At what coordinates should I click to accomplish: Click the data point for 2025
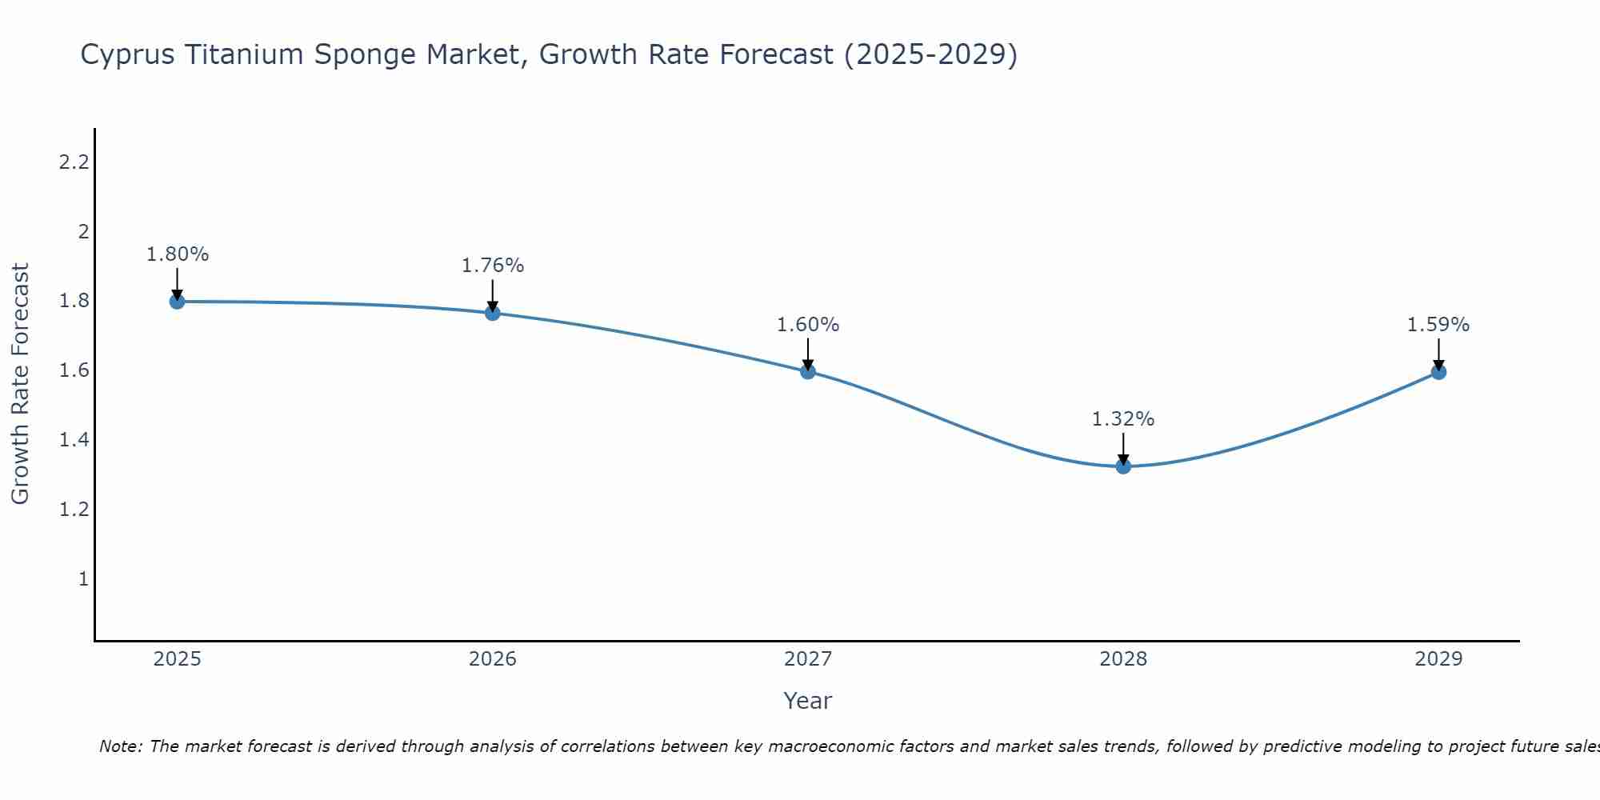(x=177, y=302)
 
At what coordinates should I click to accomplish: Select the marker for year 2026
(x=493, y=313)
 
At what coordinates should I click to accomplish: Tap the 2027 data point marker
(x=808, y=371)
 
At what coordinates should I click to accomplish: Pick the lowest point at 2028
(x=1123, y=466)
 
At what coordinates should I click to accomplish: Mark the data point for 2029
(x=1438, y=372)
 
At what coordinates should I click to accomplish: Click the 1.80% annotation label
(x=178, y=254)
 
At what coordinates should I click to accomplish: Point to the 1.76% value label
(x=493, y=266)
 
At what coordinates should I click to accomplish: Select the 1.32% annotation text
(x=1123, y=419)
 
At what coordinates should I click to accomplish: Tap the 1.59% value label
(x=1438, y=325)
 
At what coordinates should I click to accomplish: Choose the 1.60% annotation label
(x=808, y=325)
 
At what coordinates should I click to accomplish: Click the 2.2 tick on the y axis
(x=74, y=163)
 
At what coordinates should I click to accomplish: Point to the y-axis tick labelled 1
(x=83, y=578)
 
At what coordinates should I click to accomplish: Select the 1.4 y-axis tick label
(x=74, y=440)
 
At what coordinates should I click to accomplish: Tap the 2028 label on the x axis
(x=1123, y=659)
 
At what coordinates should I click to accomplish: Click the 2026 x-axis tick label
(x=493, y=659)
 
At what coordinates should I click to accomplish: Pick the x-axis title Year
(x=808, y=701)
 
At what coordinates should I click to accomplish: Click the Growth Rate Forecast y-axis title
(x=21, y=384)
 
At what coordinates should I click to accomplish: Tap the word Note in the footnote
(x=120, y=746)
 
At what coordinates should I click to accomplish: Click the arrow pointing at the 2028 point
(x=1123, y=448)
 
